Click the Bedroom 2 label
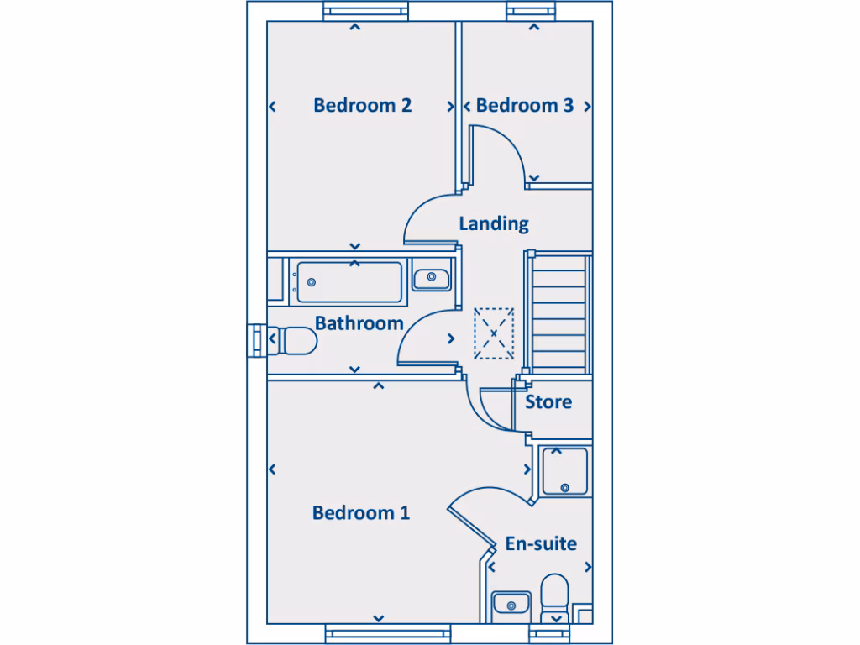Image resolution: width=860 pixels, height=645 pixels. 362,106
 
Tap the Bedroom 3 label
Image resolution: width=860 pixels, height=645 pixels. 524,106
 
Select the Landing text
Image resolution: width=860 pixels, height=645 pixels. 493,223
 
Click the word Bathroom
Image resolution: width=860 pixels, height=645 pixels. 359,323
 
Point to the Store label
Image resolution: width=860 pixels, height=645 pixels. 548,402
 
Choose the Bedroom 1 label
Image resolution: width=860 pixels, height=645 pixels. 361,513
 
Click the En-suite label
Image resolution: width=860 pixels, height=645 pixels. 541,544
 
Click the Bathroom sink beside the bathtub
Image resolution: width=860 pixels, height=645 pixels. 432,276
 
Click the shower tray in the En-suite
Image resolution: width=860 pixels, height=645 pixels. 565,471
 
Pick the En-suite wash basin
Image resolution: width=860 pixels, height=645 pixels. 511,603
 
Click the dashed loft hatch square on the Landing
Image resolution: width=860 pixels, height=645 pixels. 494,333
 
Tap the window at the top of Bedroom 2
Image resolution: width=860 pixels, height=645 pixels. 366,12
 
